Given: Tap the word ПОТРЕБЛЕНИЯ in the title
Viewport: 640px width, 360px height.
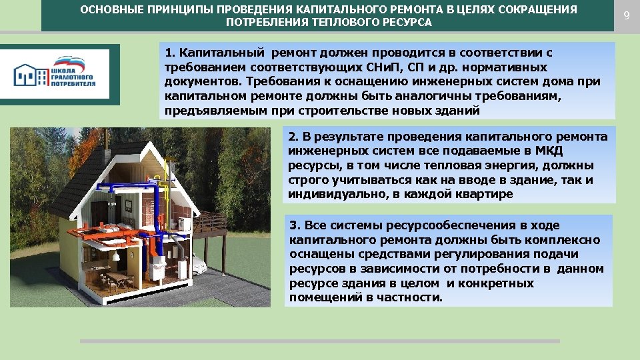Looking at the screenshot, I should pyautogui.click(x=265, y=23).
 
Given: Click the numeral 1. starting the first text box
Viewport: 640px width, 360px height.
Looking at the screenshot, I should pyautogui.click(x=169, y=53).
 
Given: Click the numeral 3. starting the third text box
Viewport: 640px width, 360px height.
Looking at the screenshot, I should pyautogui.click(x=294, y=225).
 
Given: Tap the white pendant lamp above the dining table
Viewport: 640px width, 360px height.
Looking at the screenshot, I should pyautogui.click(x=115, y=256).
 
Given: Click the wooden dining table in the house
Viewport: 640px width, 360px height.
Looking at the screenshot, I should pyautogui.click(x=117, y=277).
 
